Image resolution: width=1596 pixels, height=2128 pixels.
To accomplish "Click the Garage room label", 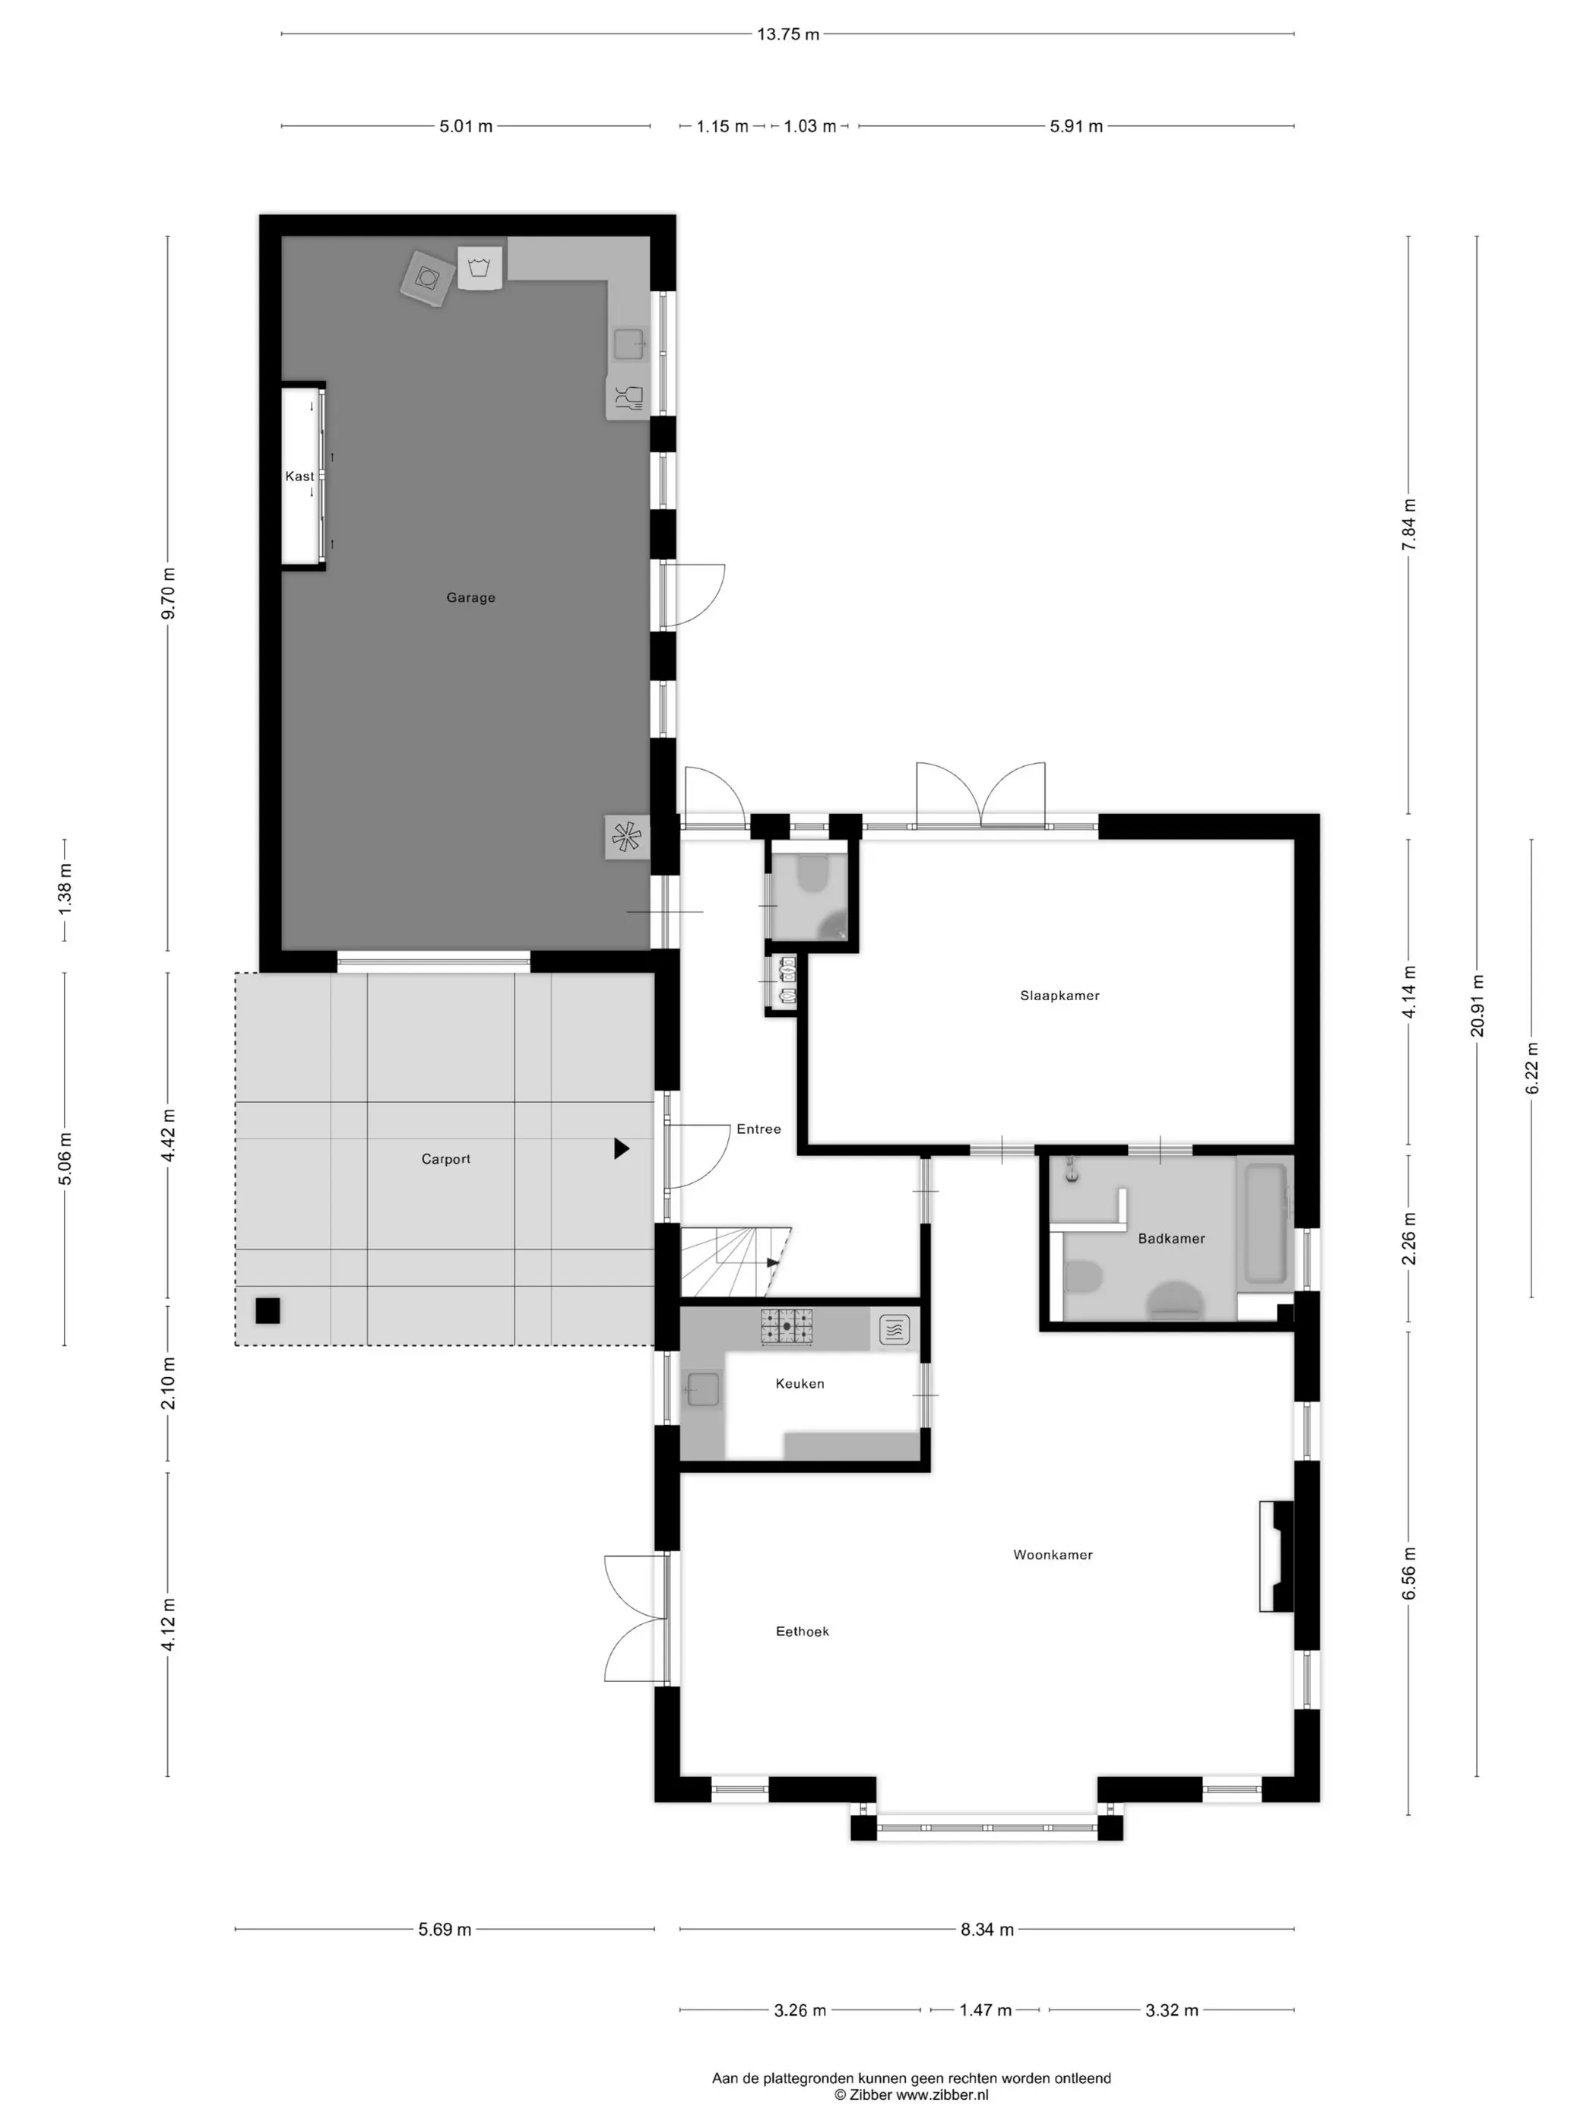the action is [x=470, y=597].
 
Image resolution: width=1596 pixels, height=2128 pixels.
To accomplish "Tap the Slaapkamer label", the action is [x=1059, y=996].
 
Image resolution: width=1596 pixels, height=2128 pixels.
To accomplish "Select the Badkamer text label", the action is [x=1171, y=1238].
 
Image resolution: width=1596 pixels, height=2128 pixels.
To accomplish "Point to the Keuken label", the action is [x=800, y=1383].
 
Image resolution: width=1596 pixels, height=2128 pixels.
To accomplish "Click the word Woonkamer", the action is [x=1053, y=1555].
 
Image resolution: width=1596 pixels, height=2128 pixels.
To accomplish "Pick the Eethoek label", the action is [x=803, y=1632].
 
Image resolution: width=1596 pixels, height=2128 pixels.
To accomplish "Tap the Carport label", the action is [x=445, y=1159].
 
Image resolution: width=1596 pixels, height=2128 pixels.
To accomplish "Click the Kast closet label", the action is [x=299, y=477].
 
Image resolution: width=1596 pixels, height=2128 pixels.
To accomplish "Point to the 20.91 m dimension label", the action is [x=1477, y=1006].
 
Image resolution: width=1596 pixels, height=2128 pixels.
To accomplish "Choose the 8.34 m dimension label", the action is [x=987, y=1929].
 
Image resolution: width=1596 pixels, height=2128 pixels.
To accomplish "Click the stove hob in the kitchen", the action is [x=787, y=1327].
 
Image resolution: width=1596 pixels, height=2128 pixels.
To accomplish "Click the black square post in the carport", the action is [x=268, y=1310].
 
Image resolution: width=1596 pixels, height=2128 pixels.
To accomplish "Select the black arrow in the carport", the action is [x=622, y=1148].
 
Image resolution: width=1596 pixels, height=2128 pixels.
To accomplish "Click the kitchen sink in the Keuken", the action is [x=703, y=1389].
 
